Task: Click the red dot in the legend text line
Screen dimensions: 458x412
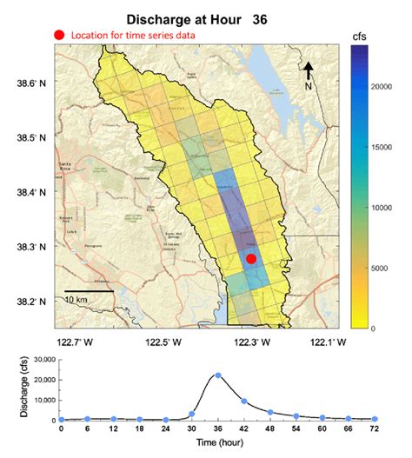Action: point(59,35)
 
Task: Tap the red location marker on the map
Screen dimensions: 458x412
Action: point(251,259)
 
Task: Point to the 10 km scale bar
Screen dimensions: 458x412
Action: point(89,291)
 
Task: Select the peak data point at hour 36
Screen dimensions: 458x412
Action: point(218,375)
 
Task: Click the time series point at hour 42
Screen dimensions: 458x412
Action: point(244,402)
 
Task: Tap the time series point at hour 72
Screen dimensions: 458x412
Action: point(375,419)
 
